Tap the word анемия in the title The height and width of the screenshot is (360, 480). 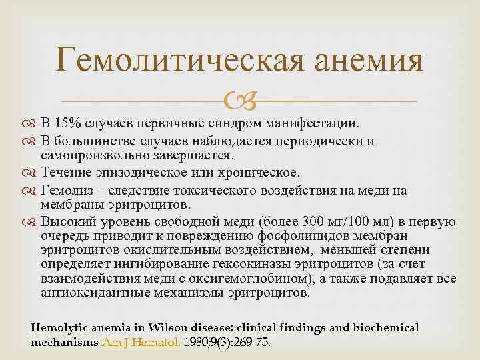pyautogui.click(x=365, y=62)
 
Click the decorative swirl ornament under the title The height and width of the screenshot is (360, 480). pyautogui.click(x=239, y=101)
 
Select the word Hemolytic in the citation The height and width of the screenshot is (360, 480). pyautogui.click(x=58, y=327)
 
